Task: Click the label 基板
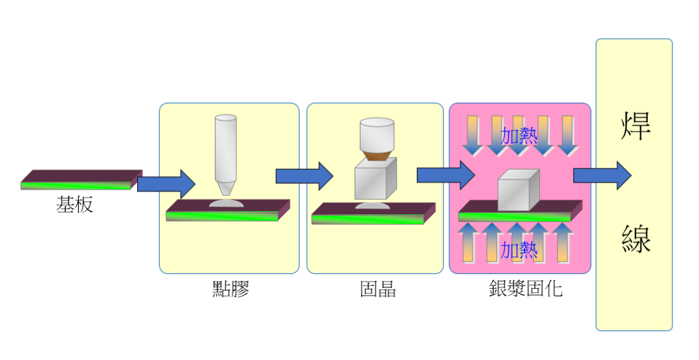75,205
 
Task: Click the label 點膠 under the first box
230,289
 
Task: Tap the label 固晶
378,289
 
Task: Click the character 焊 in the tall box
636,126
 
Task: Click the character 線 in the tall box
636,238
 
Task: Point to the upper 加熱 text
519,135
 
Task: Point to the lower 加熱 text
519,249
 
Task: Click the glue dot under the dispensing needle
227,203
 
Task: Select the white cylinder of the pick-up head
377,134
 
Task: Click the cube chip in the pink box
518,190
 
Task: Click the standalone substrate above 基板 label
82,179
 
